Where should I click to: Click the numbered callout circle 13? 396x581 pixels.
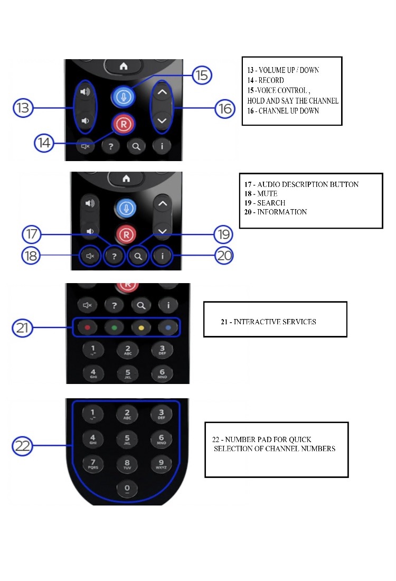tap(23, 109)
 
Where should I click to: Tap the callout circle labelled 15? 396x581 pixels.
tap(201, 75)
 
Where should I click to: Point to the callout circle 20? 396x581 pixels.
tap(224, 256)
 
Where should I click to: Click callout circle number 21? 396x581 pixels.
tap(23, 328)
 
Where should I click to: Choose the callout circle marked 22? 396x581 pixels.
tap(23, 446)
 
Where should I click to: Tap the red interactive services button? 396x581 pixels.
tap(87, 327)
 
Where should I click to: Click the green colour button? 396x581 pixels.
tap(114, 327)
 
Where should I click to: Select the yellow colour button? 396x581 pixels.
tap(142, 327)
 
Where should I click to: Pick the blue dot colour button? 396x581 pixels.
tap(168, 327)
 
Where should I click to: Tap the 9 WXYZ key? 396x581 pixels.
tap(161, 464)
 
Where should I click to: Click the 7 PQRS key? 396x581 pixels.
tap(92, 464)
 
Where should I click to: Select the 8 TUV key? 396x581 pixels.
tap(127, 464)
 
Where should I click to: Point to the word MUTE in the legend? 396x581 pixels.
tap(267, 194)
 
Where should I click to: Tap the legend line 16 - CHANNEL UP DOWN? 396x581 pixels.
tap(283, 111)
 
